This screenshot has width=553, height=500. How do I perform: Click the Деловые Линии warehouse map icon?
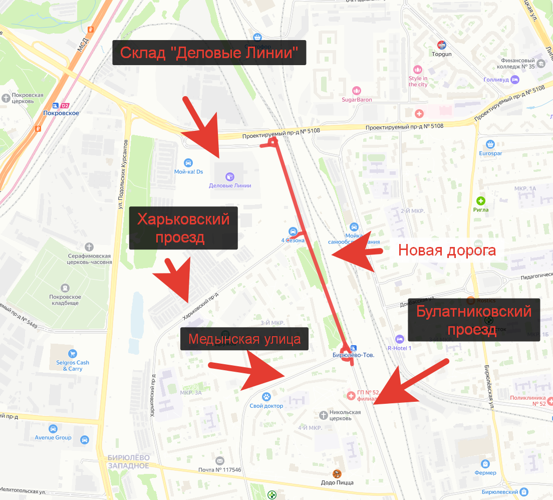(229, 176)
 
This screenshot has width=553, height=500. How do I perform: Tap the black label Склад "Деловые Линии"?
(209, 52)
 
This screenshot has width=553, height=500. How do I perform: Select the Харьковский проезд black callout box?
(183, 228)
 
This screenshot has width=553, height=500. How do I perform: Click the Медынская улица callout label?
(244, 340)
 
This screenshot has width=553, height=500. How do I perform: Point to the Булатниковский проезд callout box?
(474, 320)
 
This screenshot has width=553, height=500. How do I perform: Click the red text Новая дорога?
(447, 250)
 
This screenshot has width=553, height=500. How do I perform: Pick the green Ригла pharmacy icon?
(481, 201)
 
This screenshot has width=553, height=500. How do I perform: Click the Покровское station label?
(66, 113)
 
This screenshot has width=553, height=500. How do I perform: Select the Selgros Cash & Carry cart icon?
(73, 353)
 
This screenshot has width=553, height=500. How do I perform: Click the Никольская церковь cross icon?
(324, 414)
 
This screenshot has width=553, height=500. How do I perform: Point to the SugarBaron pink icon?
(357, 91)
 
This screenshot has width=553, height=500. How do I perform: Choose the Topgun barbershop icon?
(442, 45)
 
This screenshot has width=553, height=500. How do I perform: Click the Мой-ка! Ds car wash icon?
(188, 163)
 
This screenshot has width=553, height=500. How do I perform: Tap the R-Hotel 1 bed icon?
(399, 339)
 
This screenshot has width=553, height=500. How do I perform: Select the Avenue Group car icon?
(53, 429)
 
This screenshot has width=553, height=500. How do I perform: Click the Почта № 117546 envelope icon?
(219, 461)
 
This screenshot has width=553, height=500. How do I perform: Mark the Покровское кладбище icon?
(65, 288)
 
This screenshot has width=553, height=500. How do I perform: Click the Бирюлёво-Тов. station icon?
(354, 348)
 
